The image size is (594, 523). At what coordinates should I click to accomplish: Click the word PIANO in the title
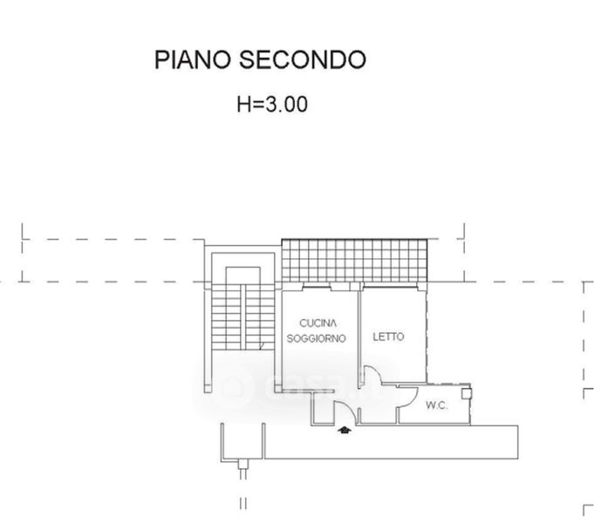(x=193, y=60)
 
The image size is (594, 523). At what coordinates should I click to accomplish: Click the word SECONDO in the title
(x=303, y=60)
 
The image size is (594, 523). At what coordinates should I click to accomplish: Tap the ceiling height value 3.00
(x=286, y=105)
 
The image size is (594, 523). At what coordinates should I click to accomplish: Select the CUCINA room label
(x=317, y=323)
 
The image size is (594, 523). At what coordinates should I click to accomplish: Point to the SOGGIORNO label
(x=317, y=338)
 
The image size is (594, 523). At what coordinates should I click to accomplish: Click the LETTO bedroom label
(x=388, y=336)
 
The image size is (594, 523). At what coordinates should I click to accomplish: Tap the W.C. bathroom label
(x=436, y=405)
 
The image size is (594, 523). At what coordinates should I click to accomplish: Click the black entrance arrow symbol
(x=345, y=431)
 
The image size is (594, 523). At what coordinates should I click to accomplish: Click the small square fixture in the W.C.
(x=466, y=394)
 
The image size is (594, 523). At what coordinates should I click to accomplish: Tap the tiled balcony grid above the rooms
(x=355, y=261)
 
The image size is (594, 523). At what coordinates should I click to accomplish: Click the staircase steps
(x=242, y=317)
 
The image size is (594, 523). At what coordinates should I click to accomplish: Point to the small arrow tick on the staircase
(x=262, y=346)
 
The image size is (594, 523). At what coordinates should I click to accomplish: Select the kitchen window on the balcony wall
(x=317, y=286)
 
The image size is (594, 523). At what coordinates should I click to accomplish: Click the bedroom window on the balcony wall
(x=390, y=286)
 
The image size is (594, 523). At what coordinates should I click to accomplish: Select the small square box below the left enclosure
(x=243, y=464)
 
